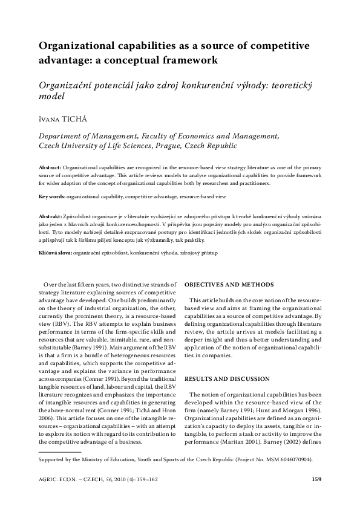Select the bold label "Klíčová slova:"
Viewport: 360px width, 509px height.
point(55,253)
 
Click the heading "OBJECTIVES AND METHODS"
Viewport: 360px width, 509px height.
point(229,284)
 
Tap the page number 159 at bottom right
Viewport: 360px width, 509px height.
point(315,481)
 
